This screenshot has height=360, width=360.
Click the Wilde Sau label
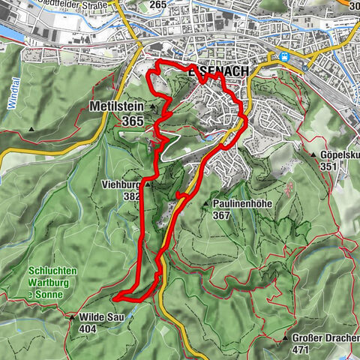point(97,317)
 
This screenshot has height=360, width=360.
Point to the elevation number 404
point(88,328)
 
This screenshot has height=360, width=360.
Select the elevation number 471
point(300,350)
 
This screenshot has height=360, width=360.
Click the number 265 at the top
point(157,4)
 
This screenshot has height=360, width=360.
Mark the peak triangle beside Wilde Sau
point(73,318)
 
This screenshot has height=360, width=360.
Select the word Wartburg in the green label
point(48,283)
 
